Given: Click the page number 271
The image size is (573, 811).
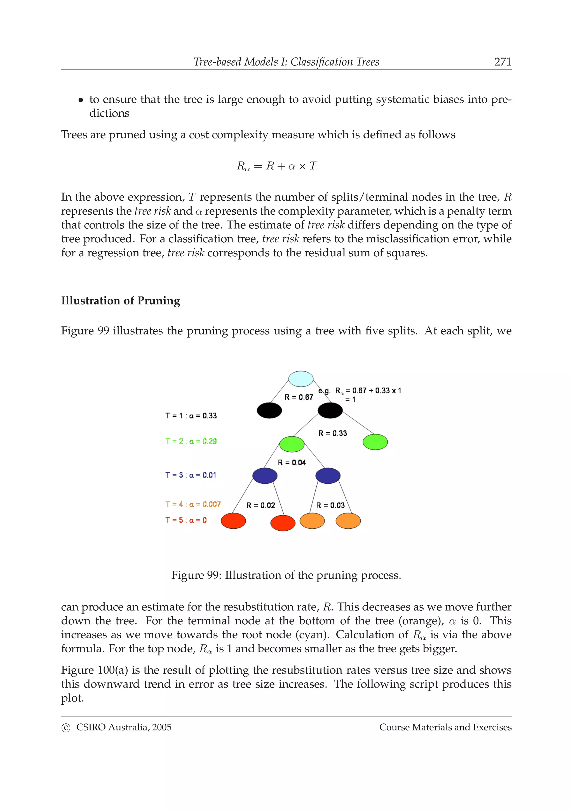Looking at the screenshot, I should click(x=502, y=62).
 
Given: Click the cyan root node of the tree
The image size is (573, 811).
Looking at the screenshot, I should click(x=301, y=379).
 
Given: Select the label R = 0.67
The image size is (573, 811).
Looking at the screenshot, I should click(x=299, y=397).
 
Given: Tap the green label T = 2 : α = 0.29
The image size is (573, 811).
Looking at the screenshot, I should click(x=191, y=441).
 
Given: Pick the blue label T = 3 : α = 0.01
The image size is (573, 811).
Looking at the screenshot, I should click(x=191, y=475).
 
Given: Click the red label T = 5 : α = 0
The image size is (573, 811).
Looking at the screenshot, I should click(x=186, y=520).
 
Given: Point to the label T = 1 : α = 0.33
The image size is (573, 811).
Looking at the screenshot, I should click(x=191, y=416).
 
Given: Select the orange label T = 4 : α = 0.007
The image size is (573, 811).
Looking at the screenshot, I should click(x=193, y=504).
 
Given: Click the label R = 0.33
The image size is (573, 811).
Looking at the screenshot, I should click(x=333, y=433).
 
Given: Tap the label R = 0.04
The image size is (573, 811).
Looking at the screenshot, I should click(x=292, y=463).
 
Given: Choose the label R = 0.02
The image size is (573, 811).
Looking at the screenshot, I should click(x=260, y=505).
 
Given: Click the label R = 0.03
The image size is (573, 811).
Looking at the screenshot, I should click(x=330, y=505).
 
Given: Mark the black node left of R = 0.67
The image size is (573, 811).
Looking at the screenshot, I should click(x=269, y=411).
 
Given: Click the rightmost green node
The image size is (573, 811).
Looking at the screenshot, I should click(x=375, y=442).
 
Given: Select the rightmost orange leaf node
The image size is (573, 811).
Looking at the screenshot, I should click(x=348, y=521).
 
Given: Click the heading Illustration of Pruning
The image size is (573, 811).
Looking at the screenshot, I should click(x=120, y=301).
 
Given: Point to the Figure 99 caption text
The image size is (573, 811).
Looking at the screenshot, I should click(x=286, y=575).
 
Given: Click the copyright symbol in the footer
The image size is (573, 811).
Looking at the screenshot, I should click(x=66, y=728).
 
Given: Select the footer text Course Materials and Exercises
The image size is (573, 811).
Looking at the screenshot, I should click(x=445, y=727).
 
